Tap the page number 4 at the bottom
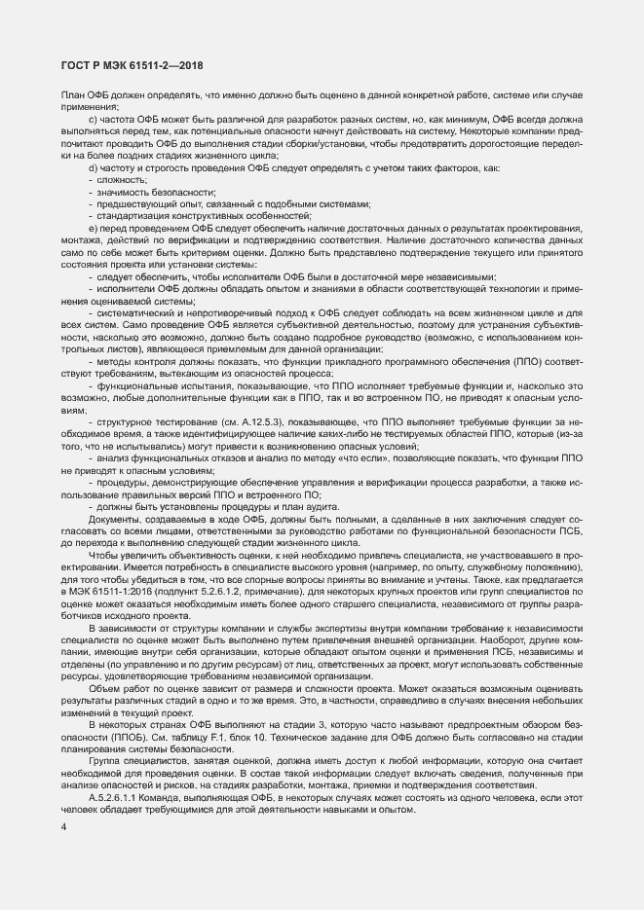click(63, 826)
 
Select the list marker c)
click(92, 118)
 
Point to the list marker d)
click(92, 168)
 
